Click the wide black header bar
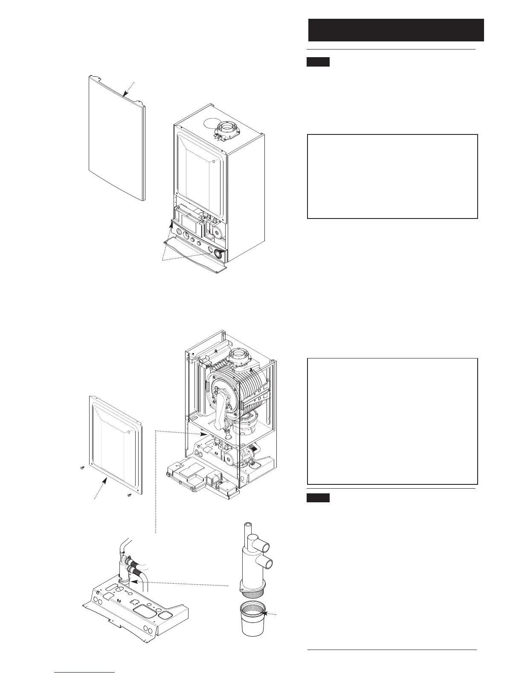coord(396,30)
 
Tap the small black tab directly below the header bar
coord(318,62)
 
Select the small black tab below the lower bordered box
coord(318,498)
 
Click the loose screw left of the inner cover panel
coord(82,468)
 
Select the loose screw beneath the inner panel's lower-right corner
coord(129,495)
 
